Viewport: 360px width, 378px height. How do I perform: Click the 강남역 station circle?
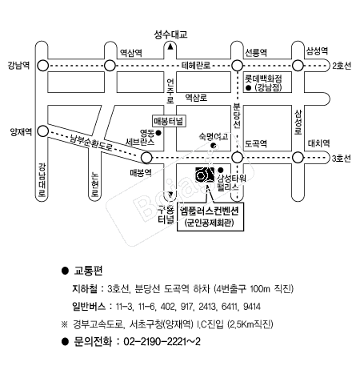pyautogui.click(x=42, y=66)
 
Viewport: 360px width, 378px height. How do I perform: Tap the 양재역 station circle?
pyautogui.click(x=42, y=131)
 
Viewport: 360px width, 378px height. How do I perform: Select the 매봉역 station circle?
pyautogui.click(x=146, y=158)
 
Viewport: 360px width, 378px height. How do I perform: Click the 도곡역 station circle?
pyautogui.click(x=237, y=158)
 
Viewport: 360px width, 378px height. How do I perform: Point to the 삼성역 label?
pyautogui.click(x=317, y=50)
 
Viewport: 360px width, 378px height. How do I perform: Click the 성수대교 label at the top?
pyautogui.click(x=170, y=34)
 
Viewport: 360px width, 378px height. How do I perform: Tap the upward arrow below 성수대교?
pyautogui.click(x=170, y=46)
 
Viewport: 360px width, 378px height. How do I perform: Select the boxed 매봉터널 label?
pyautogui.click(x=169, y=121)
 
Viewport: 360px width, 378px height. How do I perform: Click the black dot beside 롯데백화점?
pyautogui.click(x=249, y=88)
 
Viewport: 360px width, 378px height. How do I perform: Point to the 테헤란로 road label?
pyautogui.click(x=196, y=66)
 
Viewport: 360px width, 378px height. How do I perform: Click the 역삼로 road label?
pyautogui.click(x=196, y=98)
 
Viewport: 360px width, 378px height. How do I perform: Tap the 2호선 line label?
pyautogui.click(x=342, y=66)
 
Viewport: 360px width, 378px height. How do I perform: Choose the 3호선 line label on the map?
pyautogui.click(x=342, y=159)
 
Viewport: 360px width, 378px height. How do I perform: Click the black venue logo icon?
pyautogui.click(x=205, y=175)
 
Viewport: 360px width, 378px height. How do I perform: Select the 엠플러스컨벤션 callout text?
pyautogui.click(x=210, y=211)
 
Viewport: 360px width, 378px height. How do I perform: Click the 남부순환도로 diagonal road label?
pyautogui.click(x=91, y=143)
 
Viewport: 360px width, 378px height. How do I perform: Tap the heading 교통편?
pyautogui.click(x=88, y=271)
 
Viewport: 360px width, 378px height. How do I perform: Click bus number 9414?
pyautogui.click(x=252, y=307)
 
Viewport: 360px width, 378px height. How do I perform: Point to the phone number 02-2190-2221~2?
pyautogui.click(x=162, y=341)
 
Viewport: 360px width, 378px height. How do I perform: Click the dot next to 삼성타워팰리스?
pyautogui.click(x=221, y=170)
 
